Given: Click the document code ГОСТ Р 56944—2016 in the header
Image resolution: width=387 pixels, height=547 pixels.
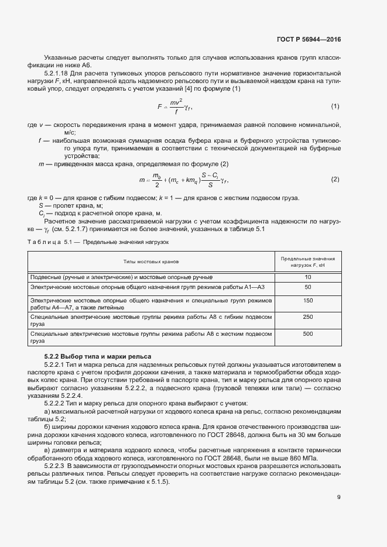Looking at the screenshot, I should [x=308, y=40].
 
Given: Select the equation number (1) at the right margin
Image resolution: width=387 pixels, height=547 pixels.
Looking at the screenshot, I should [x=335, y=106].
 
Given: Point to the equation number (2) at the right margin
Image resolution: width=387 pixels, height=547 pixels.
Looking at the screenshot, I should [x=335, y=179].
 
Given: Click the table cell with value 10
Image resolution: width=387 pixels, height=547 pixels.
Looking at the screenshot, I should [x=308, y=277].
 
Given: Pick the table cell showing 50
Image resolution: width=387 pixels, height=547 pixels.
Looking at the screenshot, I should [x=308, y=287].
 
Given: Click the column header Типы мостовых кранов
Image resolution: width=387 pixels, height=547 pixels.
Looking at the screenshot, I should [x=151, y=261].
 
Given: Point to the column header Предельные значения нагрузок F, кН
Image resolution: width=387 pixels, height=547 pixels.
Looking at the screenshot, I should [x=308, y=261].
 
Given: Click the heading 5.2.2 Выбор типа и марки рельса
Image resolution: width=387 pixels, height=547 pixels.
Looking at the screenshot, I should [x=98, y=356].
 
